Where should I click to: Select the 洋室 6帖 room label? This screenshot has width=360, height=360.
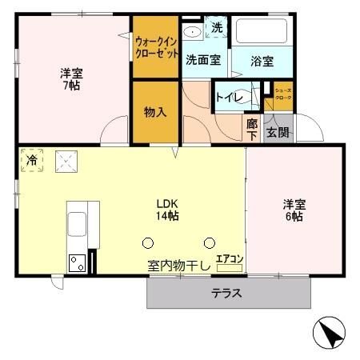pyautogui.click(x=291, y=209)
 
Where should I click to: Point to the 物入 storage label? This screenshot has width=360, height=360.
pyautogui.click(x=155, y=112)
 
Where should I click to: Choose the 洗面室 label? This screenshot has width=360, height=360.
pyautogui.click(x=202, y=59)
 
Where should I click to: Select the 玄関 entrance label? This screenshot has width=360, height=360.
pyautogui.click(x=278, y=132)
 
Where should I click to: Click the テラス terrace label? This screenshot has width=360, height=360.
pyautogui.click(x=226, y=293)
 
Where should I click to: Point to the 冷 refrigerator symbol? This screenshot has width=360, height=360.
pyautogui.click(x=31, y=160)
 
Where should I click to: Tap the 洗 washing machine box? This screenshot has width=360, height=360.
pyautogui.click(x=217, y=28)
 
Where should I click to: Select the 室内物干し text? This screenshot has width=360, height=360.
pyautogui.click(x=178, y=266)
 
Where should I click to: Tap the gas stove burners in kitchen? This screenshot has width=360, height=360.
pyautogui.click(x=77, y=262)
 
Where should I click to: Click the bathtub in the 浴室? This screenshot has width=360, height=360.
pyautogui.click(x=262, y=33)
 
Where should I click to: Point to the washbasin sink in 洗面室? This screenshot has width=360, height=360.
pyautogui.click(x=192, y=32)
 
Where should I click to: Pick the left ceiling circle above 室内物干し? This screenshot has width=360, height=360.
pyautogui.click(x=148, y=242)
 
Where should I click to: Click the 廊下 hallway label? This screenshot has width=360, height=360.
pyautogui.click(x=252, y=129)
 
